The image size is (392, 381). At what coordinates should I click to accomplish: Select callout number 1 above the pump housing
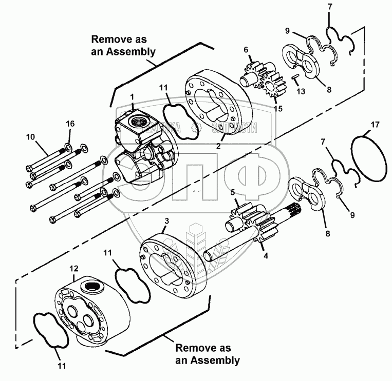click(132, 97)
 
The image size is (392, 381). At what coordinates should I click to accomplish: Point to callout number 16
click(70, 124)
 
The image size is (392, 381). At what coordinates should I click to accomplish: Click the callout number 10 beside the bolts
click(31, 137)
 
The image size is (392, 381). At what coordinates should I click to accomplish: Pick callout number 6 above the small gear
click(246, 50)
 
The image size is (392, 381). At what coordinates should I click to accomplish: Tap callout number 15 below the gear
click(278, 108)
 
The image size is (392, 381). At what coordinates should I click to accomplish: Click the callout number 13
click(301, 92)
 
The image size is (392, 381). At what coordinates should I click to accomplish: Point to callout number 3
click(166, 220)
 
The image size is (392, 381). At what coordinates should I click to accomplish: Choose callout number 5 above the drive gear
click(232, 192)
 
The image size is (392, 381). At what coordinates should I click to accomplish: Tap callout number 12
click(74, 268)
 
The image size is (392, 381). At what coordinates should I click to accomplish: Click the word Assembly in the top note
click(129, 51)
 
